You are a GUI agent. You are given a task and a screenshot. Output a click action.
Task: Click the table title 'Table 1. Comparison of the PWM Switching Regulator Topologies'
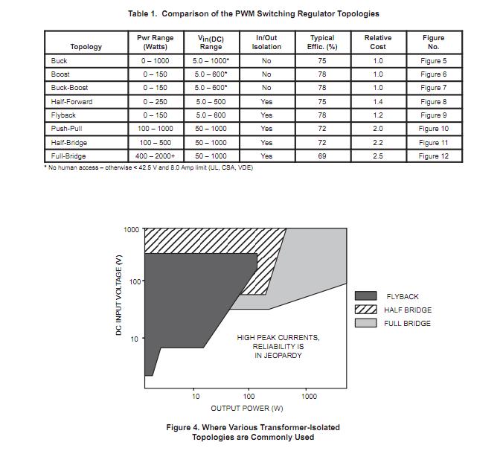[x=254, y=13]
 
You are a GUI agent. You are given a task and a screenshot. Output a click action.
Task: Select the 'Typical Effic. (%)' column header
[x=322, y=42]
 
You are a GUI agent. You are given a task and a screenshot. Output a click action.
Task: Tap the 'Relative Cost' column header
[x=378, y=42]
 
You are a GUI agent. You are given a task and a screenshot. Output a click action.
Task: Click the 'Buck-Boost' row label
[x=69, y=88]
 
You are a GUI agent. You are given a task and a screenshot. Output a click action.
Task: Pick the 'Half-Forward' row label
[x=71, y=101]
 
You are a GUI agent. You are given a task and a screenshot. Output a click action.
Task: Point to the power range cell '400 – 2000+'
[x=156, y=156]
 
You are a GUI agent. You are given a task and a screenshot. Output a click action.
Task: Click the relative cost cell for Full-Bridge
[x=378, y=156]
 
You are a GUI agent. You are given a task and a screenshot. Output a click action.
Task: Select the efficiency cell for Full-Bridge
[x=322, y=156]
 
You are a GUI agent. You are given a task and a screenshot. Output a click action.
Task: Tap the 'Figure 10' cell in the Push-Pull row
[x=433, y=129]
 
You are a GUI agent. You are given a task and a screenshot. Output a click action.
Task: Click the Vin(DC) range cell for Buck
[x=211, y=60]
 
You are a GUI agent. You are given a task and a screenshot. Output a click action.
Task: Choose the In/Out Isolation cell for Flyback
[x=266, y=115]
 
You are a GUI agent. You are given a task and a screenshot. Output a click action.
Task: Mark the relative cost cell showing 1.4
[x=378, y=101]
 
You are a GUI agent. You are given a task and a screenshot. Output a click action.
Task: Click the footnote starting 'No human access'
[x=153, y=167]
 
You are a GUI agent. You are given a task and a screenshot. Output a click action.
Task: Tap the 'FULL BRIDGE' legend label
[x=407, y=323]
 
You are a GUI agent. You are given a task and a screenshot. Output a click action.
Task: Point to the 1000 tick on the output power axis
[x=309, y=396]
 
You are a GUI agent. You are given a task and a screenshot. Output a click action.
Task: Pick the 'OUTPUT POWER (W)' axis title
[x=246, y=409]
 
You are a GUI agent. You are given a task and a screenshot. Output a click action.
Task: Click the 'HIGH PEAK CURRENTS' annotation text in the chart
[x=278, y=338]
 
